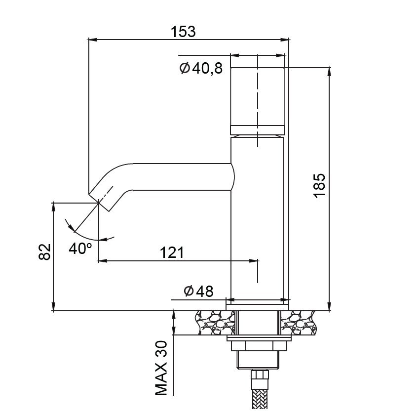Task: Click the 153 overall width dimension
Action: [x=183, y=32]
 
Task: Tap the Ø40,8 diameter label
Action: [x=201, y=68]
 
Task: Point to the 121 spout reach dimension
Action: [x=172, y=252]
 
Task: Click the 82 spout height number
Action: [x=44, y=251]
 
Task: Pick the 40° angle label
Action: [x=80, y=249]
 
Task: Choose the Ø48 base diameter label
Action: [x=198, y=291]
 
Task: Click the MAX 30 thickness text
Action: [x=161, y=369]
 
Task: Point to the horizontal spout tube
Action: [x=181, y=177]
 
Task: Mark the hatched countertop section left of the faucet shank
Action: [x=215, y=323]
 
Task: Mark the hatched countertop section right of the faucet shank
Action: [x=298, y=323]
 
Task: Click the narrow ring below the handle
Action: [x=257, y=130]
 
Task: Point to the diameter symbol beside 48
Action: [x=189, y=291]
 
